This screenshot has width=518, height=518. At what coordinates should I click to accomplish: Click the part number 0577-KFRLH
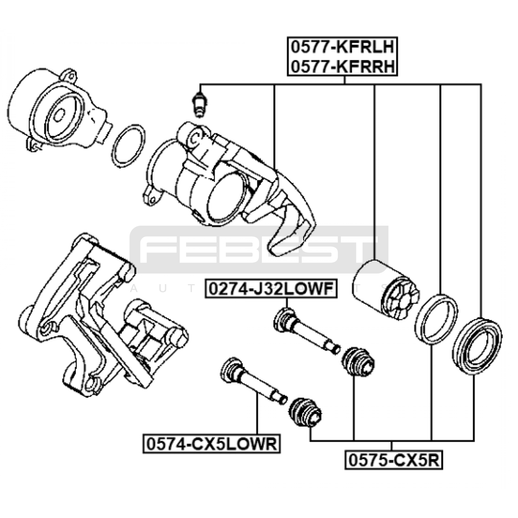coord(342,47)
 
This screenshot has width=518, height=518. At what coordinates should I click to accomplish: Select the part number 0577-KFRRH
coord(342,67)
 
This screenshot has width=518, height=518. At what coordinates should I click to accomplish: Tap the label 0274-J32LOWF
coord(271,288)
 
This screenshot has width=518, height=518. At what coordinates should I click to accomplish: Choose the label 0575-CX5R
coord(393,460)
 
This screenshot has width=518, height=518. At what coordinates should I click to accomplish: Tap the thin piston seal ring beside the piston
coord(436,318)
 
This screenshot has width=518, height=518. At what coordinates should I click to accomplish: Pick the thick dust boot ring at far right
coord(478,347)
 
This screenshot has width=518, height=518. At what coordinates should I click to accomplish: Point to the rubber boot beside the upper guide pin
coord(358,362)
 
